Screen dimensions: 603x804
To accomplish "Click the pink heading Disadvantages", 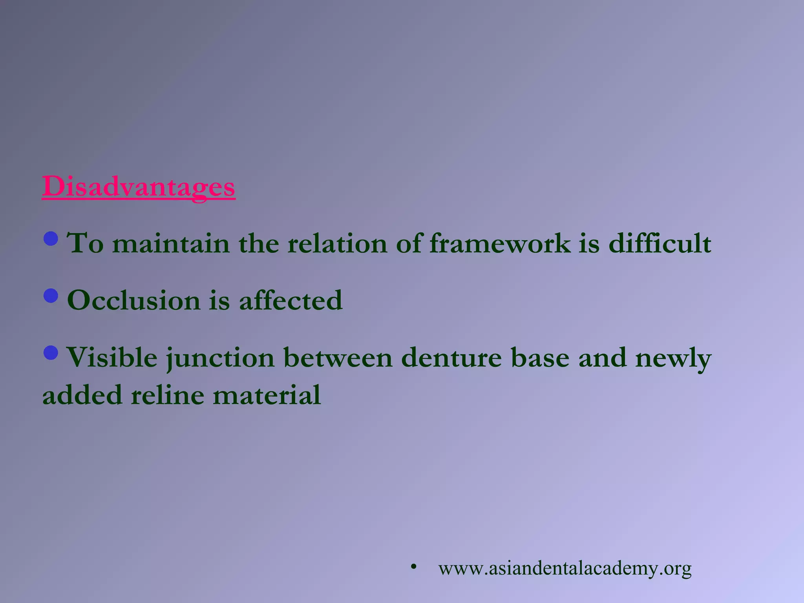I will pos(139,186).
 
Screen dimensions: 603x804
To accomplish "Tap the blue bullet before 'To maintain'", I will pos(51,238).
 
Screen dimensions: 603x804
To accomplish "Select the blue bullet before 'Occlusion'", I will pos(51,296).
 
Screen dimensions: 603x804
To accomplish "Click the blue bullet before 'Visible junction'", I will pos(51,353).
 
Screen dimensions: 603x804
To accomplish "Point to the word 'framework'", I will pos(500,243).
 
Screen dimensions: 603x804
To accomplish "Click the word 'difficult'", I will pos(660,243).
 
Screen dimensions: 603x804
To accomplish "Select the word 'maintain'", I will pos(171,243).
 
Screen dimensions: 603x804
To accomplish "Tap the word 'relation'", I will pos(337,243).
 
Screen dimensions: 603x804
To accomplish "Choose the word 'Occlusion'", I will pos(133,300).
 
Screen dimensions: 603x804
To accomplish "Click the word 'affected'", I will pos(291,300).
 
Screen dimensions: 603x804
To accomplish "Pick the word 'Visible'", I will pos(111,358).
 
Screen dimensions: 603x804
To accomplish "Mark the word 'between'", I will pos(338,358).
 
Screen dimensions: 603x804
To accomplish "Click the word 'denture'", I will pos(451,358).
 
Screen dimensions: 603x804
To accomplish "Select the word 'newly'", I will pos(673,358).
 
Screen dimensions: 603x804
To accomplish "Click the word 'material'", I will pos(267,395).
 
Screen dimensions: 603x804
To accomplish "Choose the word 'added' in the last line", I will pos(82,395).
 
